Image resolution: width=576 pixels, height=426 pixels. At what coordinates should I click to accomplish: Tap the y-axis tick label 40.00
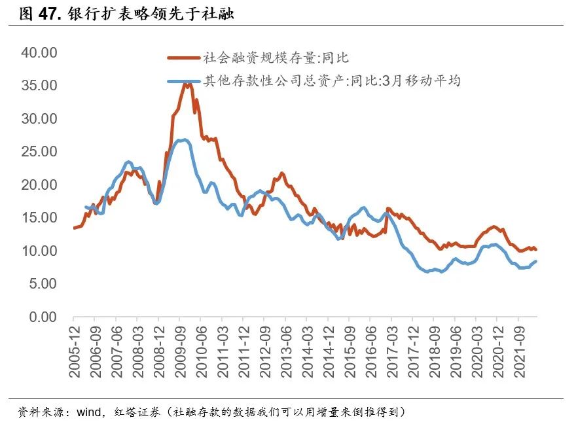point(39,52)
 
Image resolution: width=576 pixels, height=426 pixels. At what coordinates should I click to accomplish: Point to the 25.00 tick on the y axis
point(39,152)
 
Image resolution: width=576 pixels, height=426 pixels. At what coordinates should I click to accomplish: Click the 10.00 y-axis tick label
point(39,251)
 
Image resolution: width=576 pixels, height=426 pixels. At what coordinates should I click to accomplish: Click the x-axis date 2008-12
point(158,352)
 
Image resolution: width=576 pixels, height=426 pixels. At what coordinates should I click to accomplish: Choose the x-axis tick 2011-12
point(243,352)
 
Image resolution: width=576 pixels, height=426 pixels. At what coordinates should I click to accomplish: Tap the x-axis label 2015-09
point(349,352)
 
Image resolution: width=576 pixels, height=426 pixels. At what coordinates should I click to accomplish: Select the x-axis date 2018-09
point(433,352)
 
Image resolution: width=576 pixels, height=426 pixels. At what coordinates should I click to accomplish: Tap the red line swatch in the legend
point(183,58)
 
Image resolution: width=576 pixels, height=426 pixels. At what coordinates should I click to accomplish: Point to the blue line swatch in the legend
point(183,82)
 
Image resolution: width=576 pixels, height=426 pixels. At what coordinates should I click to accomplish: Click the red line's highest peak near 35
point(188,84)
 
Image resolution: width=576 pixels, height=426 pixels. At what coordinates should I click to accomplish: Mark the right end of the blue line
point(537,261)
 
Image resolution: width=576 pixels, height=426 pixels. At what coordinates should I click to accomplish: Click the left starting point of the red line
point(74,228)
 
